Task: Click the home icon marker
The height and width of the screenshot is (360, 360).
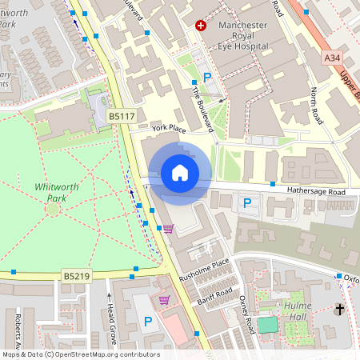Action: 180,173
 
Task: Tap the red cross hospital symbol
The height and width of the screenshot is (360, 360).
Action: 201,26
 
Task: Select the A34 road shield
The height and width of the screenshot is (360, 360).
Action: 334,58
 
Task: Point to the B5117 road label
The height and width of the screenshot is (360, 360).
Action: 122,117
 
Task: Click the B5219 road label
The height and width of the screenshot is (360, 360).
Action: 78,276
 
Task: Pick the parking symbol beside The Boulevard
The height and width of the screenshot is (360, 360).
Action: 207,78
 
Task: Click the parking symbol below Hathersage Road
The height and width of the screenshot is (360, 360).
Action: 246,203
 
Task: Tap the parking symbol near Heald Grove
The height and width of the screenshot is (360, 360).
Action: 147,321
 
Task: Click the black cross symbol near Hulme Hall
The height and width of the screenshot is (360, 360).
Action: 339,309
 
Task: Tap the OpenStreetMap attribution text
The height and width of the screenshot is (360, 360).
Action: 80,354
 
